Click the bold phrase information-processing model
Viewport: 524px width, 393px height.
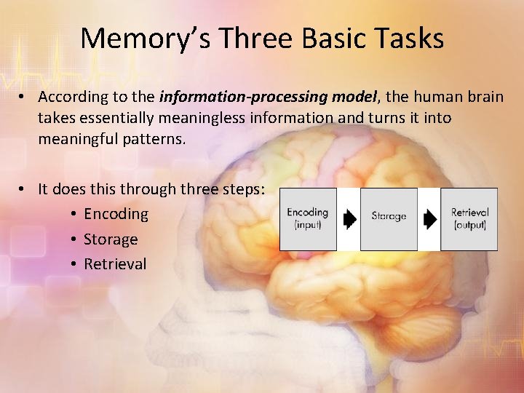click(x=268, y=97)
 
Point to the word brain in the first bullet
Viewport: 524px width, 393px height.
click(x=483, y=97)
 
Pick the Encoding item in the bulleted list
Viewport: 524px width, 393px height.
click(x=116, y=214)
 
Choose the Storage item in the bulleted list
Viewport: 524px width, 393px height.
click(x=111, y=239)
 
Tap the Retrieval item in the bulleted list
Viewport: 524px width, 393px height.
click(x=115, y=264)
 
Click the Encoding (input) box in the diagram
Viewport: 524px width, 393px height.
click(x=309, y=219)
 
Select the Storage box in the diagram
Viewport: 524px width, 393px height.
click(x=389, y=219)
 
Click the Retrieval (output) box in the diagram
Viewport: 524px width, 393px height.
click(x=469, y=219)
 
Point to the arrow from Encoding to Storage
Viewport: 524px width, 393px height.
click(x=350, y=219)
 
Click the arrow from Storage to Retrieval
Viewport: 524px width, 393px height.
click(x=430, y=219)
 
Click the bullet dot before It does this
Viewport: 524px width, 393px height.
click(x=24, y=189)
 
